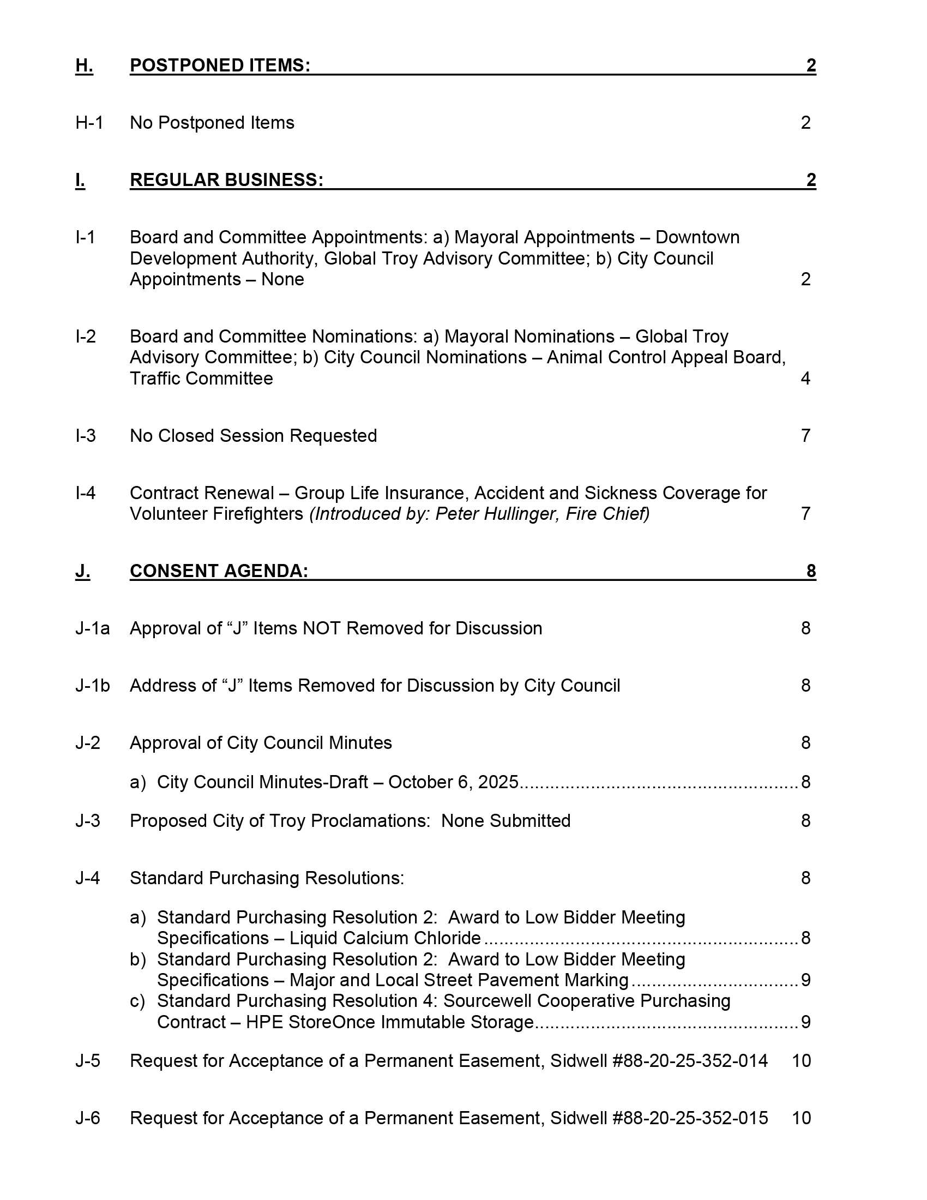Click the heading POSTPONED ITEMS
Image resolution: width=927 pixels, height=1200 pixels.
tap(220, 65)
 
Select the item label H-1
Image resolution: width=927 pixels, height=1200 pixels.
tap(89, 123)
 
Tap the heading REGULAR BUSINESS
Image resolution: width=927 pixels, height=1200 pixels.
tap(226, 179)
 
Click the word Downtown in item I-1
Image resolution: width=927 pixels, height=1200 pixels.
tap(697, 237)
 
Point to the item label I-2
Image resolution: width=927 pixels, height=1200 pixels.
tap(86, 336)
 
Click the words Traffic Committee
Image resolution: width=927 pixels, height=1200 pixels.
tap(201, 379)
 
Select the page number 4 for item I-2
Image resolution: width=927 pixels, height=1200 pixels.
tap(805, 379)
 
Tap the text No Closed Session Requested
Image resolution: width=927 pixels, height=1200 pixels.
tap(253, 436)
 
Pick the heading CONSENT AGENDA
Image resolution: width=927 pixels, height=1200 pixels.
tap(219, 571)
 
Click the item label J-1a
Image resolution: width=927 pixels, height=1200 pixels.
tap(92, 628)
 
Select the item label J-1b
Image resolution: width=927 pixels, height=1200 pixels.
tap(92, 686)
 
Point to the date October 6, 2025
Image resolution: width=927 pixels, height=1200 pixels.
tap(453, 782)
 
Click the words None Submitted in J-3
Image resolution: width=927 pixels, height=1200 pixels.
tap(506, 821)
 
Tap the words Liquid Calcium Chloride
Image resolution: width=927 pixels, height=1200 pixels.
tap(385, 938)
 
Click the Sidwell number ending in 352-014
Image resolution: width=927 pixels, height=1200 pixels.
tap(690, 1061)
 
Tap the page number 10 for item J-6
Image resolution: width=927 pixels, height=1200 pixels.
tap(801, 1118)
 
